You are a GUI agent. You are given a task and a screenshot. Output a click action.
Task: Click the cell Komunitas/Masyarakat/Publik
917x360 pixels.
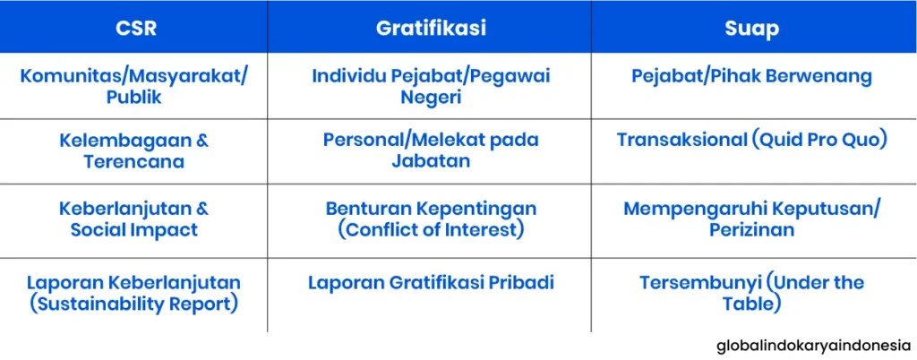[x=133, y=87]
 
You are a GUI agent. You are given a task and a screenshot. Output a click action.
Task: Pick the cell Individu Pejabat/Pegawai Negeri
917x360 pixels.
[x=431, y=87]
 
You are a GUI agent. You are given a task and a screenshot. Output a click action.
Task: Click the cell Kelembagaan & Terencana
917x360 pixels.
[x=133, y=150]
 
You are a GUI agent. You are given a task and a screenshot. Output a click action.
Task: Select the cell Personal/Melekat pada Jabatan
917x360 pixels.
[x=431, y=150]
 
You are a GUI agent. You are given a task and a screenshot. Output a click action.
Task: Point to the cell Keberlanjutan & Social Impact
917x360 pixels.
[x=133, y=219]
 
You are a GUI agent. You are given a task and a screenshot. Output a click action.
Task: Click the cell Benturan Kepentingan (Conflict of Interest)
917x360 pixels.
[x=431, y=219]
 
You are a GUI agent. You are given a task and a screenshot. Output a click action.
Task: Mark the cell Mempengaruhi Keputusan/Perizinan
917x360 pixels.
[x=751, y=219]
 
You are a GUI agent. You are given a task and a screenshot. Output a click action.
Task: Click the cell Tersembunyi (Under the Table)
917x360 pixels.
[x=751, y=294]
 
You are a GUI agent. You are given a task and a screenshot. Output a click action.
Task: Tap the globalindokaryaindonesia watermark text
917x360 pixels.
[x=814, y=346]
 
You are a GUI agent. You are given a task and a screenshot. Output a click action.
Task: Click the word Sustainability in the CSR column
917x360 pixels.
[x=100, y=305]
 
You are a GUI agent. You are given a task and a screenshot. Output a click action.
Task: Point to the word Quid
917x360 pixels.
[x=788, y=141]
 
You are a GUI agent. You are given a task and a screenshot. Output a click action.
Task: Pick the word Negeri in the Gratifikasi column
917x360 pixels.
[x=431, y=97]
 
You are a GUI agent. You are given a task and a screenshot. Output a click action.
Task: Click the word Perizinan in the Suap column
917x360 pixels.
[x=751, y=229]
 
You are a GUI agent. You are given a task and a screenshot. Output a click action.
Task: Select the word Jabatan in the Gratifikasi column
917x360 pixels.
[x=431, y=161]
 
